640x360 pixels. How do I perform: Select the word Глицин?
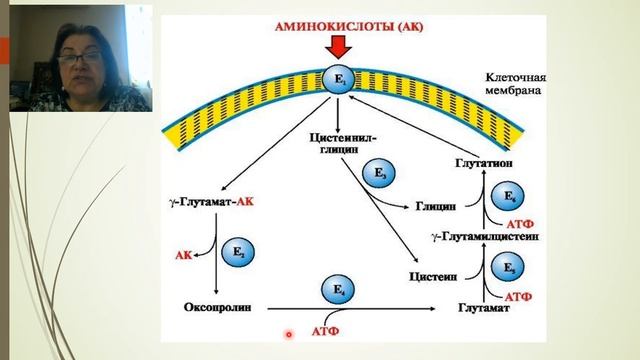coord(436,207)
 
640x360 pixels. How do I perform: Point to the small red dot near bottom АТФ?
coord(288,334)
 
